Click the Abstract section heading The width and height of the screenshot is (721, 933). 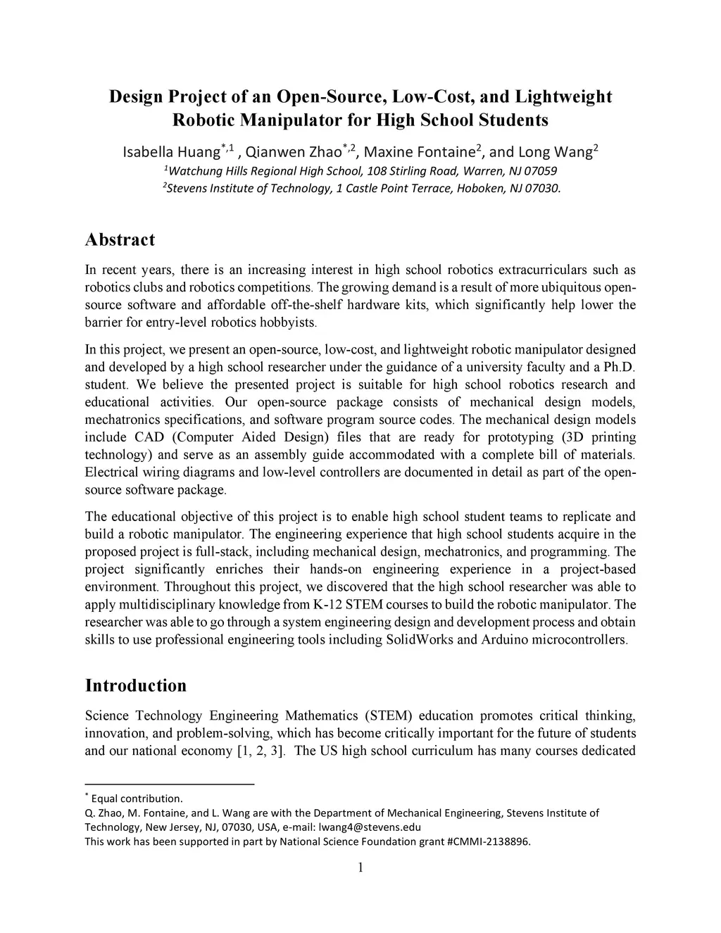click(x=120, y=240)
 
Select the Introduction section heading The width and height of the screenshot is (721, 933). click(x=135, y=686)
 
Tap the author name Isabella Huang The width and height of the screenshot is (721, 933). click(x=171, y=153)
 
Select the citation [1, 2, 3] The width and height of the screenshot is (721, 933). click(x=258, y=751)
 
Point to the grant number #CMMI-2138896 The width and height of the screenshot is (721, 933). click(x=488, y=841)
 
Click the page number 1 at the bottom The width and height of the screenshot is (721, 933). click(x=360, y=868)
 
